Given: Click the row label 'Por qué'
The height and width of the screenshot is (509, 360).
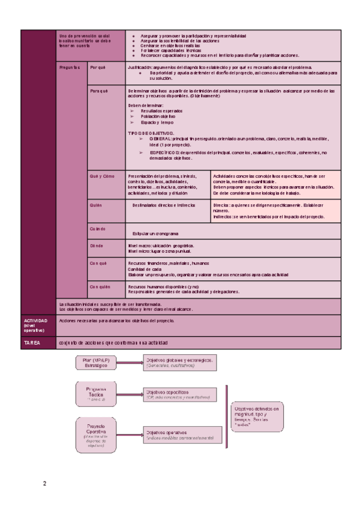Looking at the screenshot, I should (98, 68).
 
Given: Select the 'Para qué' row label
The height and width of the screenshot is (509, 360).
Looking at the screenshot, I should (98, 91).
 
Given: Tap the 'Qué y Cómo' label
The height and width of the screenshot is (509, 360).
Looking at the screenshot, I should (101, 176).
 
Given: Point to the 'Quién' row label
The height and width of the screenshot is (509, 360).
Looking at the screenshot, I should (96, 205).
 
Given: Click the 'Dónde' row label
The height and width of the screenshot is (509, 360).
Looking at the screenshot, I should (96, 246).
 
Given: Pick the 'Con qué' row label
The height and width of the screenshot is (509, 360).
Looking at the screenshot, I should (98, 263).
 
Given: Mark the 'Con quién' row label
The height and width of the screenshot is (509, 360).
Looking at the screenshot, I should (100, 288).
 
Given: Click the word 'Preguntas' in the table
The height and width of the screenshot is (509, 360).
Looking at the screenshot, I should (70, 68).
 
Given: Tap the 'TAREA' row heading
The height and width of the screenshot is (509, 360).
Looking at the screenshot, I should (32, 343).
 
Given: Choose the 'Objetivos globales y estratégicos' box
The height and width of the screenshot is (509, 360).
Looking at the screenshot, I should (178, 362).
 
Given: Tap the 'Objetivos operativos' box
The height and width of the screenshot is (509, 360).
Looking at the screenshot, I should (178, 435).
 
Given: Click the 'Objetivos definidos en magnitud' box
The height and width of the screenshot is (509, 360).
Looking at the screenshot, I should (257, 416).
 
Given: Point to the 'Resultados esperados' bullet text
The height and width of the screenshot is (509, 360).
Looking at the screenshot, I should (161, 111).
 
